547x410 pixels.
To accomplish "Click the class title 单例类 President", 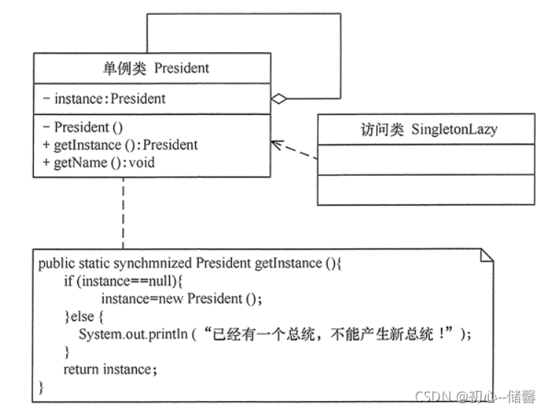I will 155,68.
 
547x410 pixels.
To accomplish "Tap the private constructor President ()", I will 89,127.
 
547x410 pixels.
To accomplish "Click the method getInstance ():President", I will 126,144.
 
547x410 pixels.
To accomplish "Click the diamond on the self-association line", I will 279,99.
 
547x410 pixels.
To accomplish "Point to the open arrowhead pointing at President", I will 275,144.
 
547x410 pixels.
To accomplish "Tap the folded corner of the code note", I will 487,255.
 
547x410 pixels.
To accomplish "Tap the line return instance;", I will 110,369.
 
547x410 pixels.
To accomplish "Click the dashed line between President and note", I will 122,213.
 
